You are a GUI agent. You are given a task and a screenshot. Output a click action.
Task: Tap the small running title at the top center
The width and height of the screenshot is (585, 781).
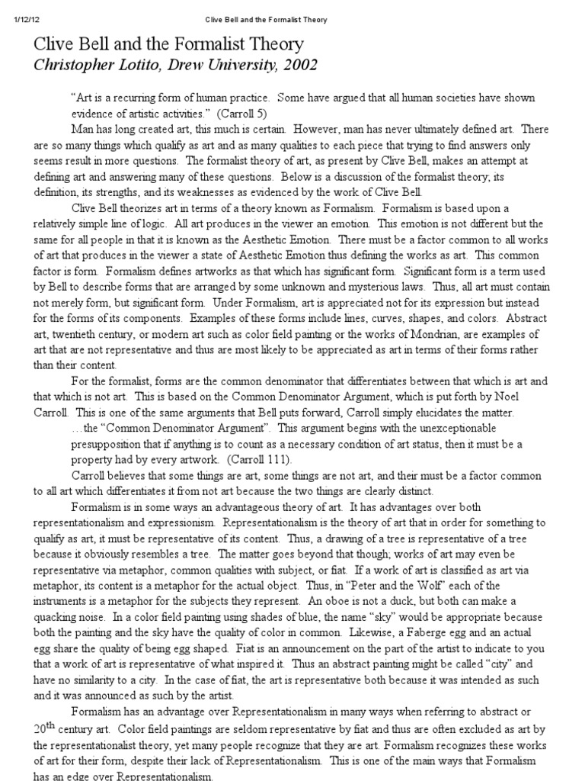267,19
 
